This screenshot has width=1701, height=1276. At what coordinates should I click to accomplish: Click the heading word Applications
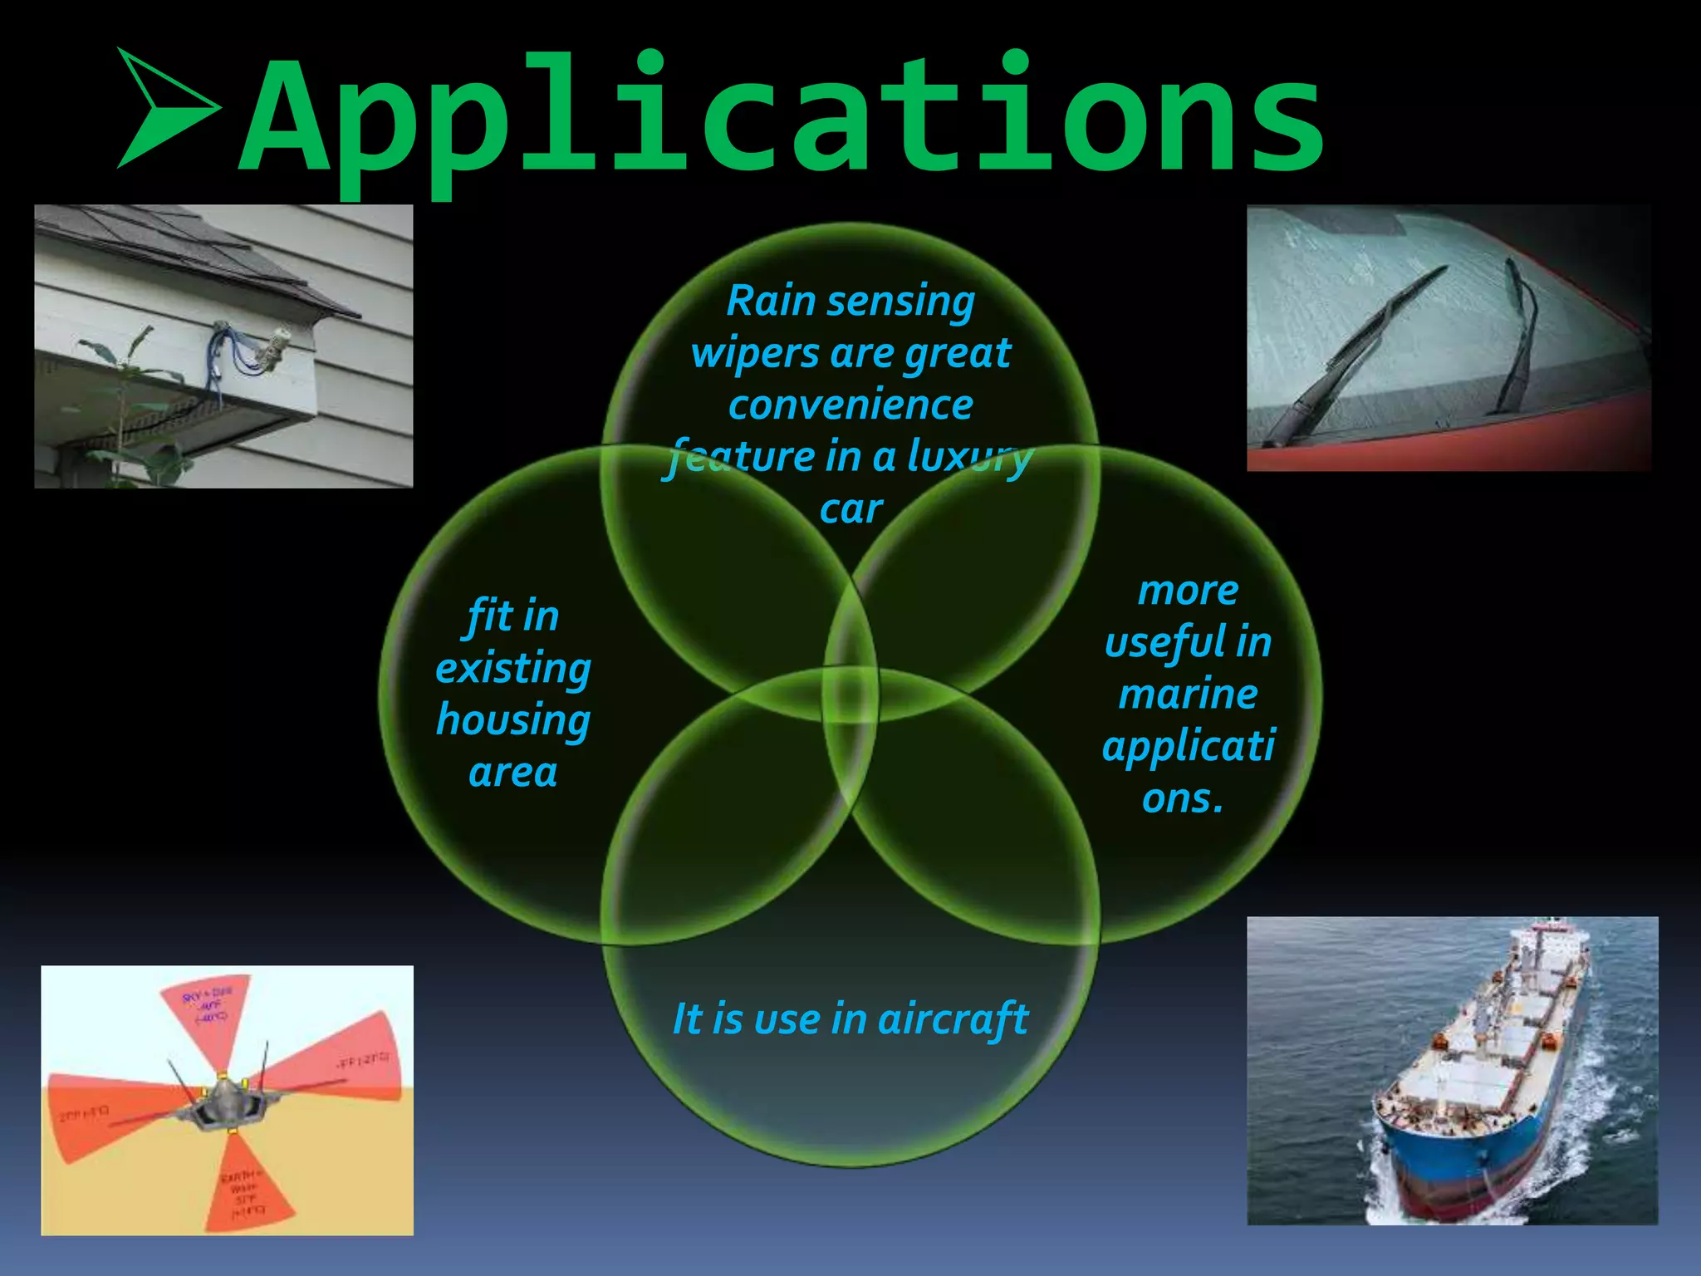[x=781, y=116]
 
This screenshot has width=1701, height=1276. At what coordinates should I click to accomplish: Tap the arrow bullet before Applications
[x=166, y=108]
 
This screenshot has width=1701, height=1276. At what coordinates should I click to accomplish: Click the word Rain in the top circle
[x=770, y=301]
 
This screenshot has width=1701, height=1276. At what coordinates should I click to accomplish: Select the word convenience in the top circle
[x=850, y=405]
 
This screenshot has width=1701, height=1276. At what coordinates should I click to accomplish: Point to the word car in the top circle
[x=850, y=509]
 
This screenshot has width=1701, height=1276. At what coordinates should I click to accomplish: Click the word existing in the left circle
[x=512, y=668]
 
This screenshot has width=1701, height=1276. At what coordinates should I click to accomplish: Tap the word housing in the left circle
[x=512, y=720]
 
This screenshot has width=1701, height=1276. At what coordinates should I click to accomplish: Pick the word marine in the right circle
[x=1188, y=694]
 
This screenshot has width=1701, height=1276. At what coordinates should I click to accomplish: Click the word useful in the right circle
[x=1158, y=643]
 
